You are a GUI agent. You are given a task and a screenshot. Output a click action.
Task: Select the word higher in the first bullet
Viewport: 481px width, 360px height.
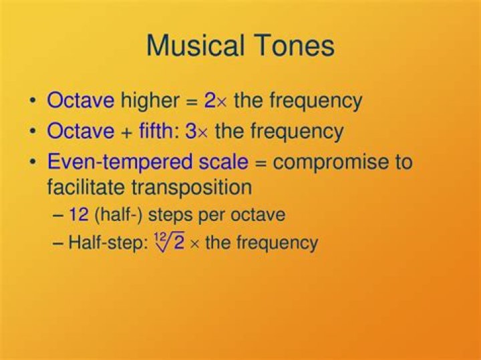(x=150, y=101)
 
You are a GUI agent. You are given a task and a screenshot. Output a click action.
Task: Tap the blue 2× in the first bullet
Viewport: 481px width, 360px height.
(x=216, y=101)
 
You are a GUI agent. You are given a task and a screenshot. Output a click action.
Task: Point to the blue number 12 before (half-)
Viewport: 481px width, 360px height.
(x=78, y=215)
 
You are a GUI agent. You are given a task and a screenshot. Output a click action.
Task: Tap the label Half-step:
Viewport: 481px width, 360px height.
(x=107, y=242)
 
